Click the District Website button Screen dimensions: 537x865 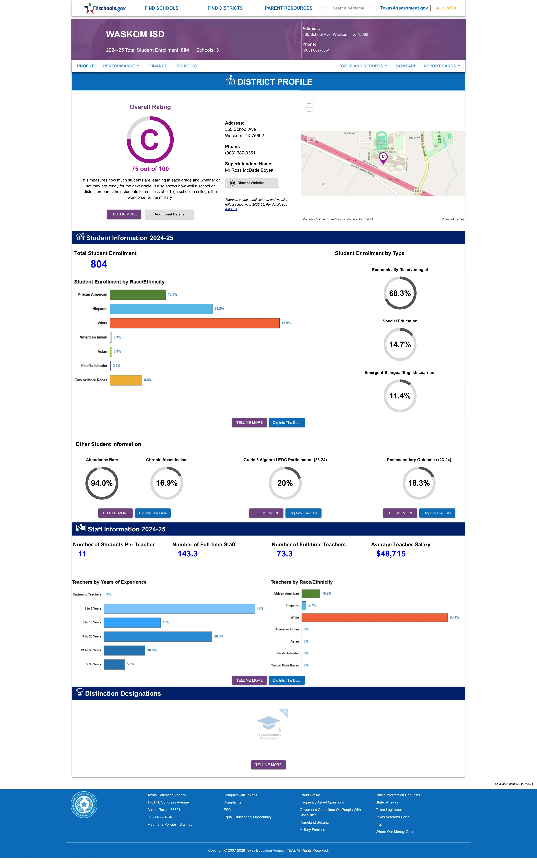click(x=252, y=183)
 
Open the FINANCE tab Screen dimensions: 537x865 click(x=158, y=66)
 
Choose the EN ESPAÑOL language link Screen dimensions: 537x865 click(x=446, y=8)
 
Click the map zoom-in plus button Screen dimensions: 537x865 click(x=309, y=103)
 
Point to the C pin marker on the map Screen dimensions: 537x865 click(x=383, y=157)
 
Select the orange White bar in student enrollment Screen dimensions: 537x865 click(x=195, y=323)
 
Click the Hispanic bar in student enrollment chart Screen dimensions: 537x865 click(x=161, y=309)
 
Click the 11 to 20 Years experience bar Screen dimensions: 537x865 click(x=158, y=636)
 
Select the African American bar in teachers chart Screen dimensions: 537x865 click(x=311, y=593)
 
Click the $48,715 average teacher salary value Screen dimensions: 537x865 click(x=391, y=554)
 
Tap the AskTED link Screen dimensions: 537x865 click(x=231, y=209)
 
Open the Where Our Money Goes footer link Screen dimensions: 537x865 click(x=395, y=832)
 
